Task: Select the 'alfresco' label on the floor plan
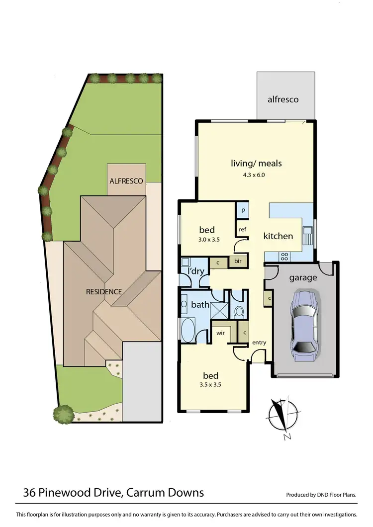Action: point(283,99)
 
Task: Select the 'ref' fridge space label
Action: point(242,229)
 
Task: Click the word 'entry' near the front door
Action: point(259,343)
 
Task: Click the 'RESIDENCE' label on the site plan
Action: point(103,291)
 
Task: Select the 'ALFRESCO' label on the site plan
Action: point(126,181)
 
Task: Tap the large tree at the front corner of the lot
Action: point(63,413)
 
